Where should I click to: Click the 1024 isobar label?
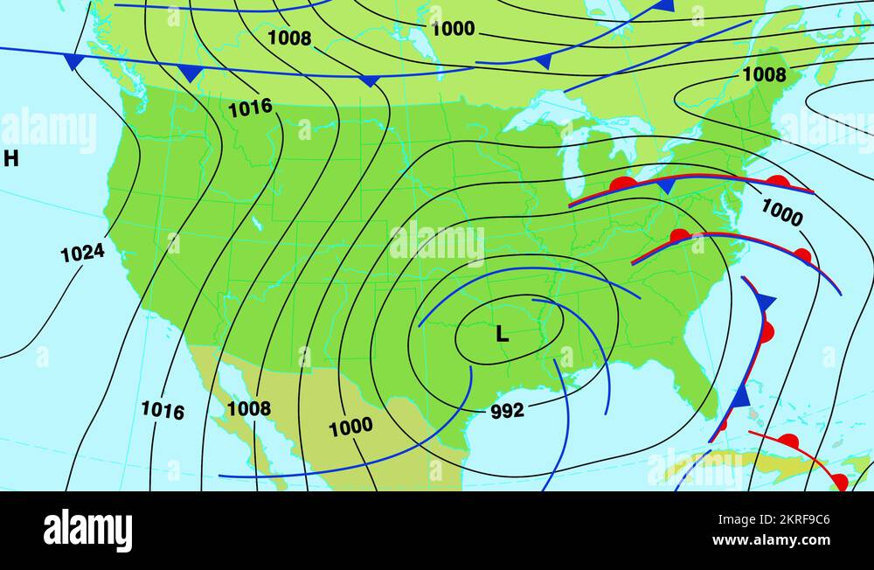(x=82, y=253)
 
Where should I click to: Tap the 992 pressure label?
(x=507, y=411)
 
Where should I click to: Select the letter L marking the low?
(x=502, y=334)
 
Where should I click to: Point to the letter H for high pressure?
(x=10, y=158)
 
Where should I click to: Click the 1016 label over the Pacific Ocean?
(x=163, y=410)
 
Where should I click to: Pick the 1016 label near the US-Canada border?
(x=250, y=108)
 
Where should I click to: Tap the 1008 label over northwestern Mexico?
(x=249, y=408)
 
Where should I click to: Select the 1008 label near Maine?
(x=764, y=75)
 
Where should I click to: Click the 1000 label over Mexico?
(x=350, y=427)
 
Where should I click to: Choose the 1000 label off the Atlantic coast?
(x=781, y=212)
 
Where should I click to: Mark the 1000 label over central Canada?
(x=453, y=29)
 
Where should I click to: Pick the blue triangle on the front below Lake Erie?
(x=666, y=186)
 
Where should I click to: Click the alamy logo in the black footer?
(x=87, y=531)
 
